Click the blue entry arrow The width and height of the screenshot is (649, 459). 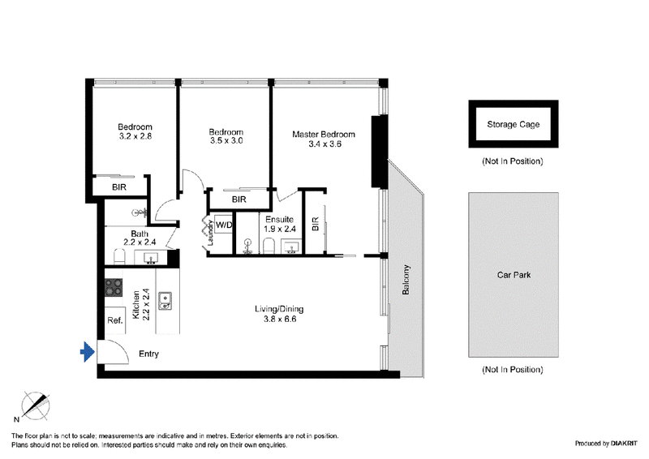click(x=88, y=352)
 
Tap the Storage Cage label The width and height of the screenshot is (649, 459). click(x=514, y=124)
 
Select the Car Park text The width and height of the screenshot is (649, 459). click(x=514, y=275)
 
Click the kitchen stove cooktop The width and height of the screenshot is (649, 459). click(x=114, y=287)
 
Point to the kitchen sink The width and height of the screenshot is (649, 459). click(x=165, y=301)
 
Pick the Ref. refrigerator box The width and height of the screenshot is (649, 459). click(x=115, y=320)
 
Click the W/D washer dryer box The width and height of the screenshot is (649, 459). click(x=224, y=225)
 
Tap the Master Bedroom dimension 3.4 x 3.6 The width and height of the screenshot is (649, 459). click(x=325, y=144)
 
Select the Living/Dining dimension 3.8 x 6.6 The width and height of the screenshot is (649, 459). click(x=280, y=319)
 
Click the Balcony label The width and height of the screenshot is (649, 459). click(x=406, y=280)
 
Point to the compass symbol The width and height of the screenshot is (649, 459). click(x=35, y=405)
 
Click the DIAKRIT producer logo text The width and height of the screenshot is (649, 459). click(x=624, y=444)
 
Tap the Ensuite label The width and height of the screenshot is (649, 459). click(x=279, y=219)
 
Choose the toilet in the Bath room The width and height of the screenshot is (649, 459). click(x=119, y=256)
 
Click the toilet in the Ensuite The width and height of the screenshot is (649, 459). click(x=269, y=246)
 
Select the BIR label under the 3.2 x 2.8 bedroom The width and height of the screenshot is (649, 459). click(x=119, y=187)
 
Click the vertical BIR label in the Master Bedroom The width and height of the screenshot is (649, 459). click(x=316, y=224)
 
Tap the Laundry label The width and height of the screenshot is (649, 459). click(x=210, y=233)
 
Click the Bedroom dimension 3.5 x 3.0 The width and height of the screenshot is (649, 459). click(x=226, y=141)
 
